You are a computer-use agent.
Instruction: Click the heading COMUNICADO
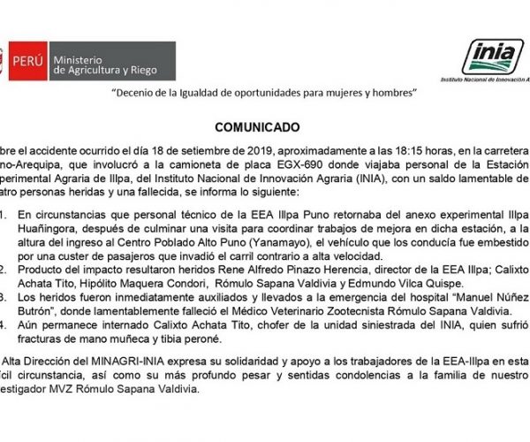pyautogui.click(x=263, y=126)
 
